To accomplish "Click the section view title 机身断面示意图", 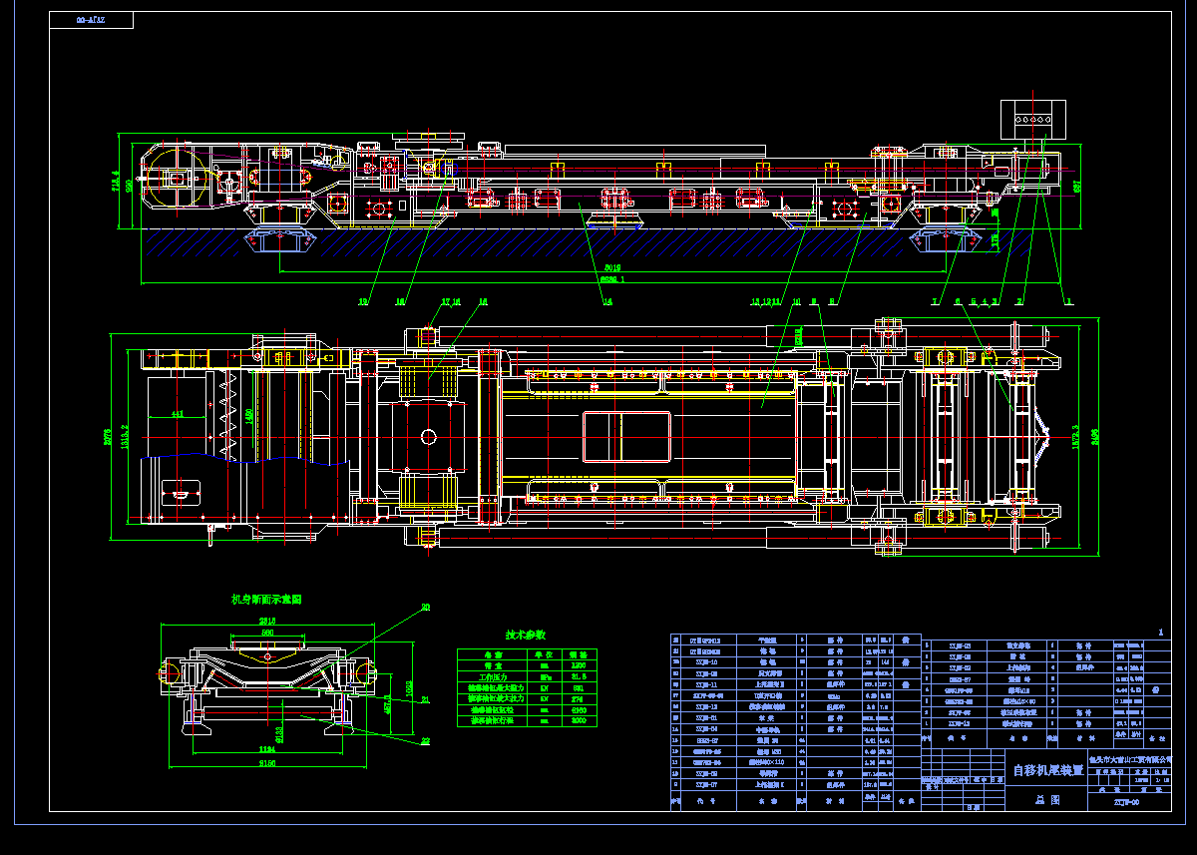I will (x=266, y=600).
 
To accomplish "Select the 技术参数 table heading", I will (x=526, y=635).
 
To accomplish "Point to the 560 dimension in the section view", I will (x=266, y=633).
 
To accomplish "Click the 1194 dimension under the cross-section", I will (x=267, y=748).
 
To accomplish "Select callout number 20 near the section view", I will (x=425, y=607).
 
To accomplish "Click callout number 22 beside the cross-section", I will (x=425, y=740).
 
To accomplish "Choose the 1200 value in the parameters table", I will (x=579, y=664).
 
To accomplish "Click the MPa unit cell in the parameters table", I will (x=544, y=676).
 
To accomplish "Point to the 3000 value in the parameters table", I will (x=579, y=720).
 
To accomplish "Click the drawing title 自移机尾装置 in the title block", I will (x=1047, y=770).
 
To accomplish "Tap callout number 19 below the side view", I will (x=363, y=300).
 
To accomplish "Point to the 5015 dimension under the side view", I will (x=612, y=267).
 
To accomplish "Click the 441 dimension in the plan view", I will (x=177, y=413).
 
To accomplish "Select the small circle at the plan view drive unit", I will (x=428, y=436).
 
